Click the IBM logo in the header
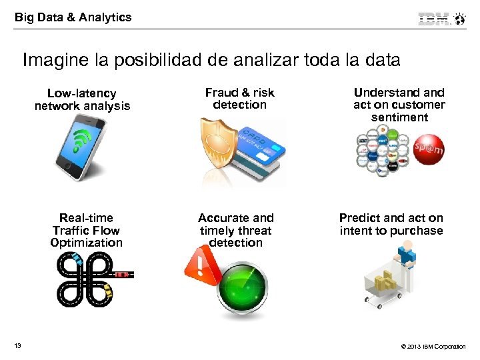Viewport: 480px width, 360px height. point(434,19)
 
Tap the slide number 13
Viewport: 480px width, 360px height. point(17,345)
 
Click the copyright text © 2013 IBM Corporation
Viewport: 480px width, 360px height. point(433,346)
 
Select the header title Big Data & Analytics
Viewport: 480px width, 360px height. point(73,17)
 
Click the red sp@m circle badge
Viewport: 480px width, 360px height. point(429,148)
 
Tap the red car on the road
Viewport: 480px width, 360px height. point(121,274)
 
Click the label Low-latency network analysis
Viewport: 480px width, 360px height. point(83,99)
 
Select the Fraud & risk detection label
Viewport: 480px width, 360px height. point(239,99)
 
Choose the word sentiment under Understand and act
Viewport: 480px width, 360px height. point(399,117)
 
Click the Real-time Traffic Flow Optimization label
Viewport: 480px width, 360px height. point(87,230)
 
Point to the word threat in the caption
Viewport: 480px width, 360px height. point(253,230)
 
